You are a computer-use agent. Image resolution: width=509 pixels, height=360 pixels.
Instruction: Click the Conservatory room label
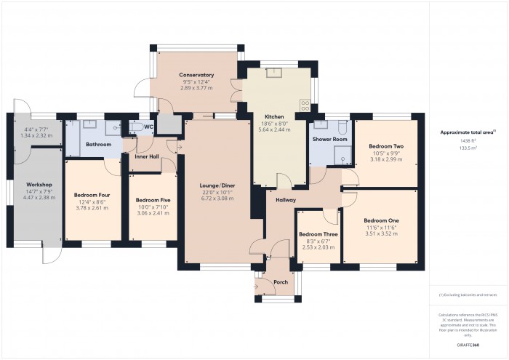(196, 75)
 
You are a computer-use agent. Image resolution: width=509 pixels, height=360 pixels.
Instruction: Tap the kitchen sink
(275, 71)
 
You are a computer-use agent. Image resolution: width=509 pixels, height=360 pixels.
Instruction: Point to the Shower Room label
(329, 138)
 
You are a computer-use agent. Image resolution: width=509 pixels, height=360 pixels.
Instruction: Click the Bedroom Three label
(318, 234)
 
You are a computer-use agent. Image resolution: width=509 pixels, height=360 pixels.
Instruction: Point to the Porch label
(281, 282)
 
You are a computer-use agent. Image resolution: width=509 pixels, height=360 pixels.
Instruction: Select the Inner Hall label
(148, 156)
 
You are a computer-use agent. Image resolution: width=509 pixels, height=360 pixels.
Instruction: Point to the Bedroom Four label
(92, 195)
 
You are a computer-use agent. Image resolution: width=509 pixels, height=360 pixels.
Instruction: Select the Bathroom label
(97, 144)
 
